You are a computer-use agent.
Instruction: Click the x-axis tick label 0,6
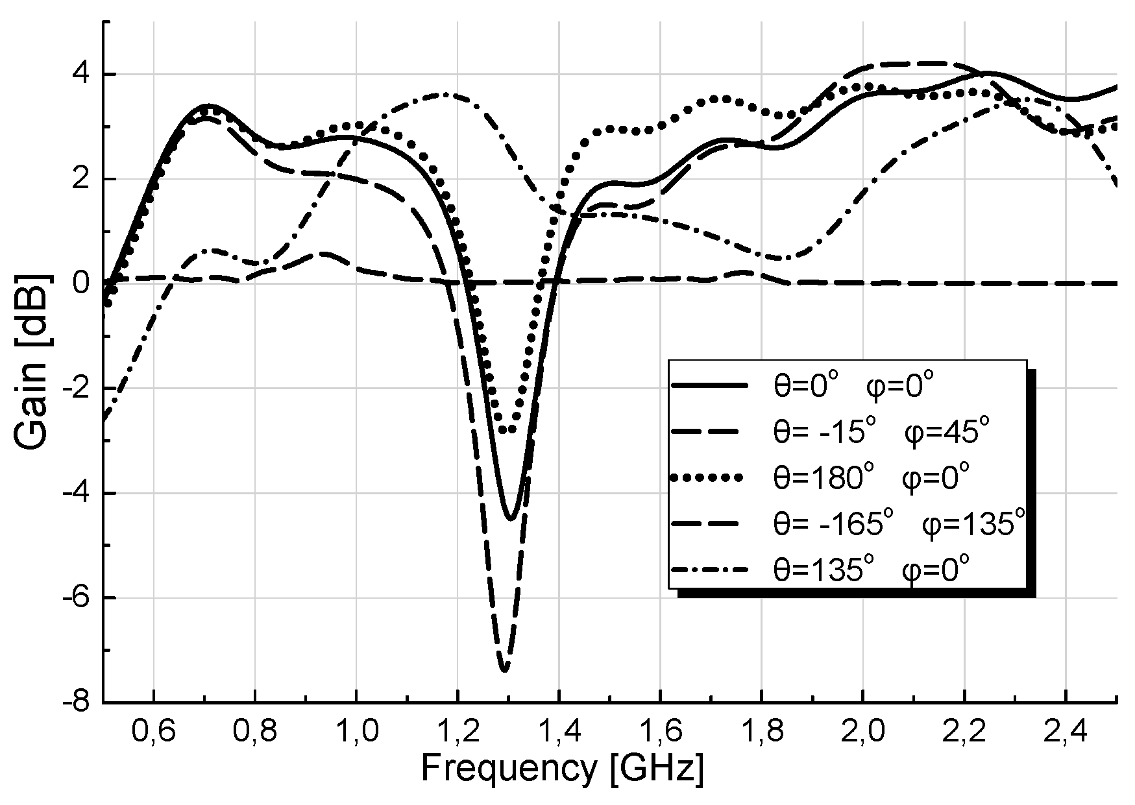pyautogui.click(x=153, y=731)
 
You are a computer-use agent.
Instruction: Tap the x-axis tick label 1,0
pyautogui.click(x=356, y=731)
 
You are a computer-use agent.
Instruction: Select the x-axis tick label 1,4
pyautogui.click(x=559, y=731)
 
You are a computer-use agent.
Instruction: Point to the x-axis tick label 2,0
pyautogui.click(x=862, y=731)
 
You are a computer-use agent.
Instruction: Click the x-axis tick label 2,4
pyautogui.click(x=1065, y=731)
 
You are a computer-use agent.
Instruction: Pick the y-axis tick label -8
pyautogui.click(x=79, y=702)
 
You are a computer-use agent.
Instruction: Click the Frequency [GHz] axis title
pyautogui.click(x=562, y=769)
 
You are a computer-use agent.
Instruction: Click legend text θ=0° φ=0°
pyautogui.click(x=853, y=387)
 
